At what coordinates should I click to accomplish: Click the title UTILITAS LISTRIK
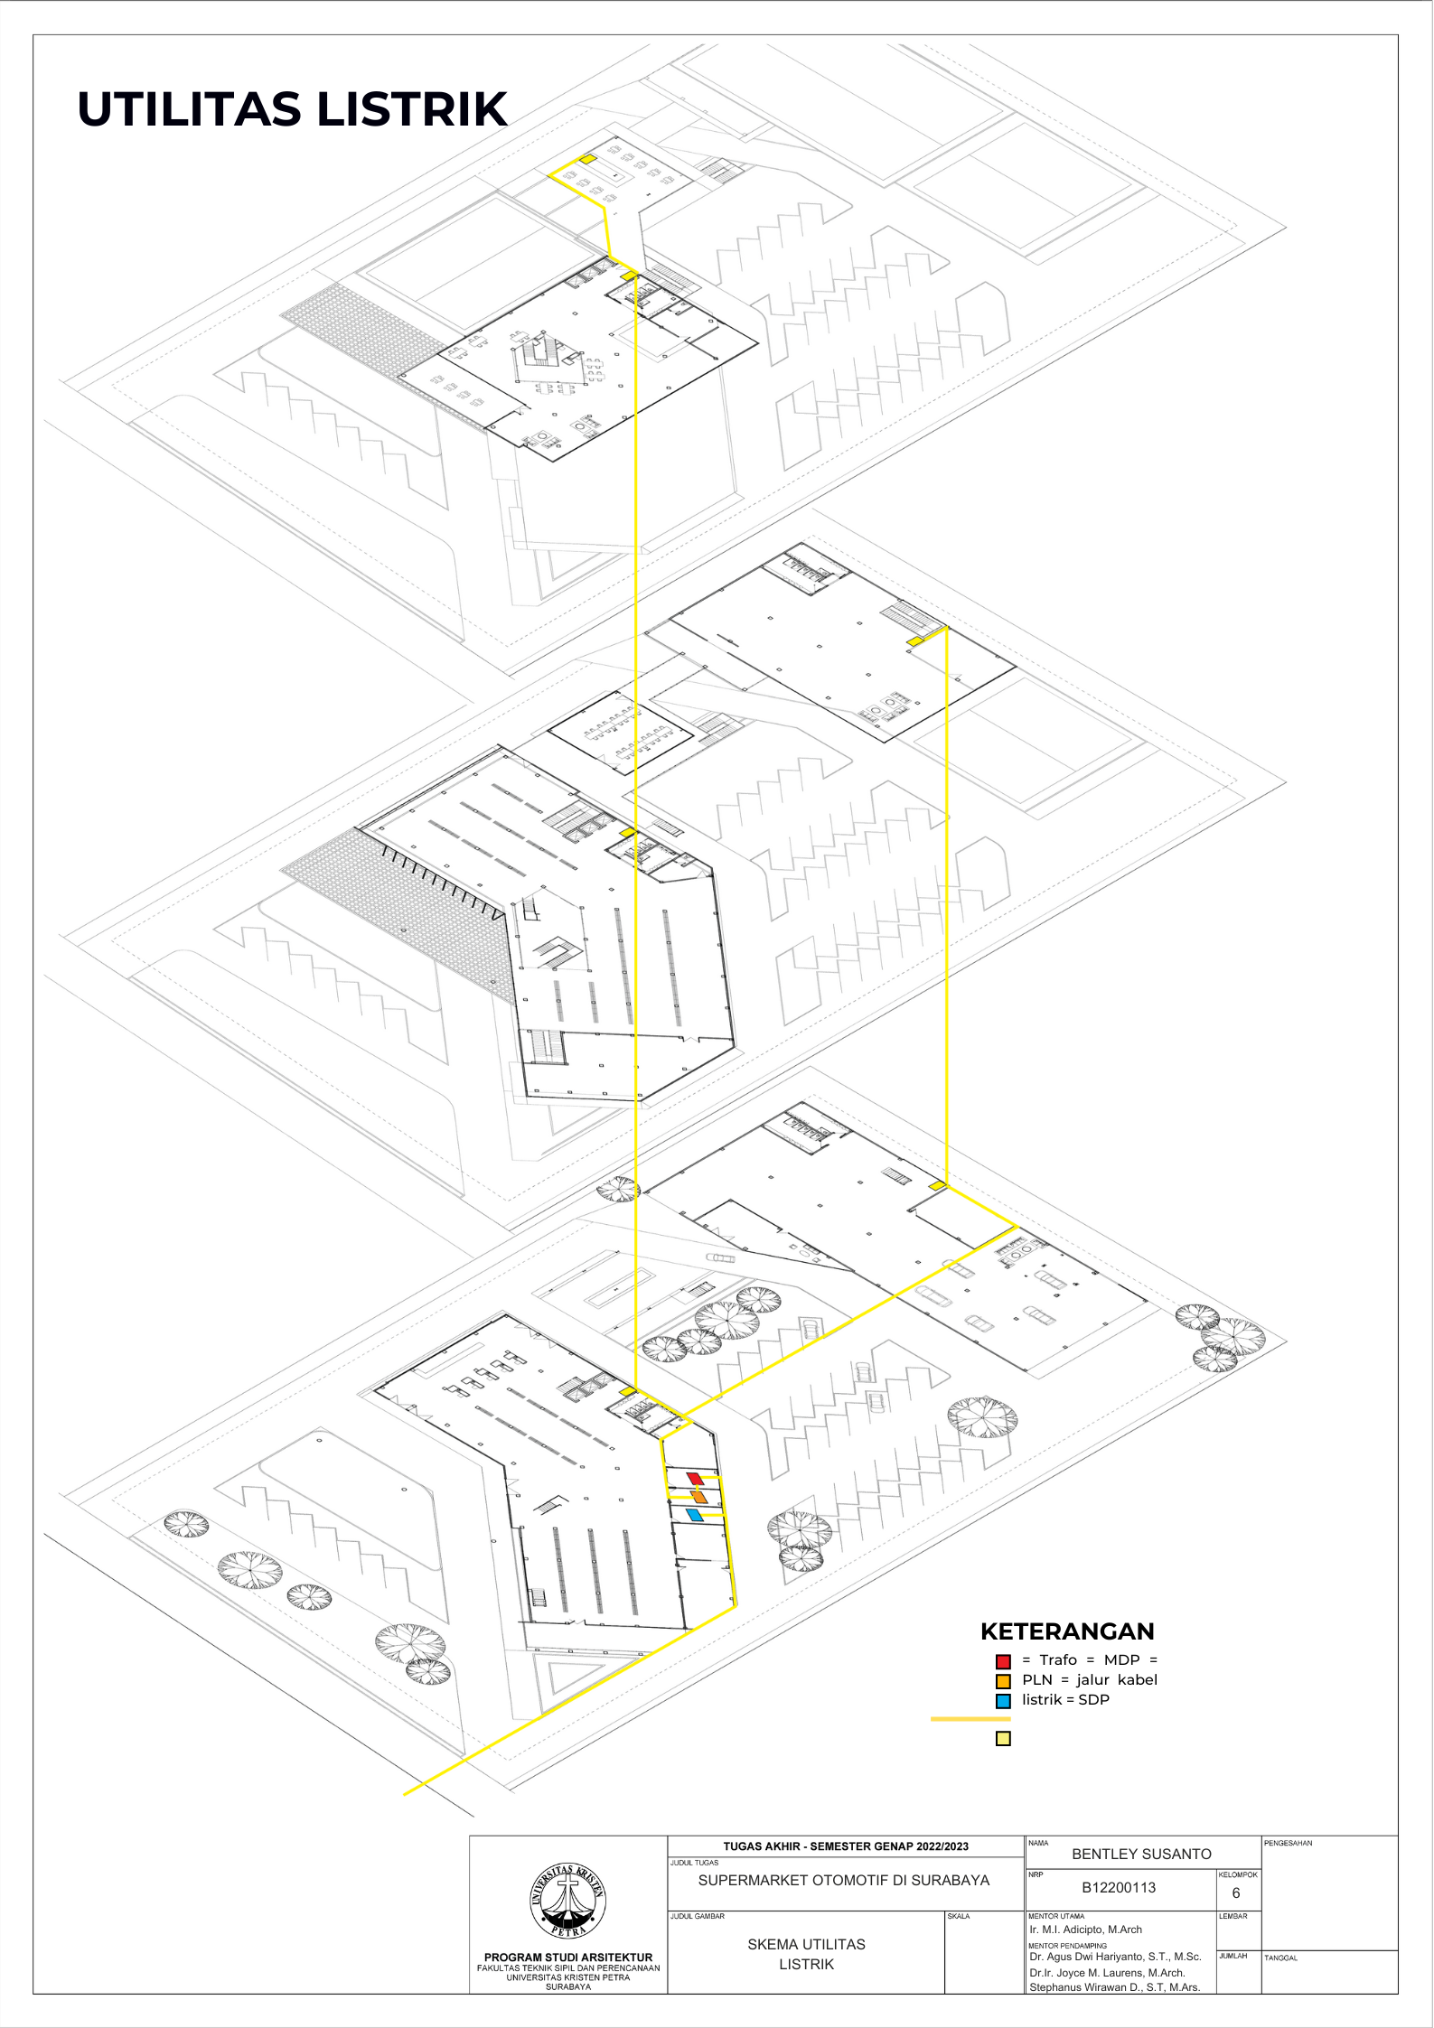click(292, 109)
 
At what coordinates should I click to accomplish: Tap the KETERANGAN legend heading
click(1067, 1631)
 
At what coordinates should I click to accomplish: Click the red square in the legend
click(1003, 1661)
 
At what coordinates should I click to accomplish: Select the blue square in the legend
click(1003, 1701)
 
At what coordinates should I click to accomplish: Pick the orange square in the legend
click(1003, 1681)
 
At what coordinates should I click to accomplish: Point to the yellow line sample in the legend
click(970, 1719)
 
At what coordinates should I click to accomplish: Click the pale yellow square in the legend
click(1003, 1739)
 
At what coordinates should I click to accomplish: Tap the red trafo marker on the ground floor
click(695, 1478)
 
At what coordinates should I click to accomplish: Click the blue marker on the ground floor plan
click(694, 1515)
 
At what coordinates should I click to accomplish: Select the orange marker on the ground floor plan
click(698, 1497)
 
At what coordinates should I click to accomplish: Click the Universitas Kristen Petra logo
click(567, 1901)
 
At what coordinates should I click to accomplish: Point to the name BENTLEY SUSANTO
click(1141, 1854)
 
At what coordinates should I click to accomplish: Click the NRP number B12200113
click(1119, 1887)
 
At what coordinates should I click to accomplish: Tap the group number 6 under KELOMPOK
click(1236, 1892)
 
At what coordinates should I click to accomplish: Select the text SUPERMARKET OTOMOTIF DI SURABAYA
click(844, 1880)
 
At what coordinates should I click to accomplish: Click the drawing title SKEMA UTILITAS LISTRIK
click(806, 1954)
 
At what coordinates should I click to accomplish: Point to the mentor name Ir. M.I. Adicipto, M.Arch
click(1085, 1929)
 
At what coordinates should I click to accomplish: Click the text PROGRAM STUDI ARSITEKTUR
click(568, 1957)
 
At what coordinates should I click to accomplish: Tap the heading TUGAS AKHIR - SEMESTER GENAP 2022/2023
click(846, 1846)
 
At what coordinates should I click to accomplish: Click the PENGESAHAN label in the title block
click(1288, 1843)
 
